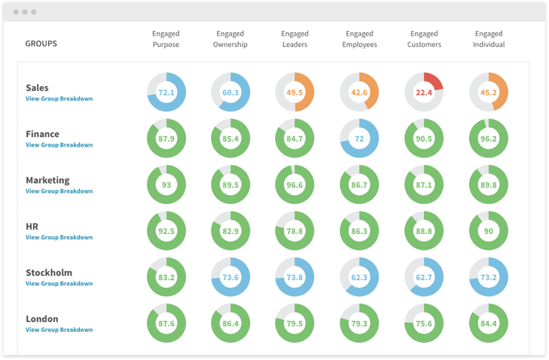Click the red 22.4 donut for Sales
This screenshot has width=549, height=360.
click(424, 92)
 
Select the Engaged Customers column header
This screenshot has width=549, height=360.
click(424, 39)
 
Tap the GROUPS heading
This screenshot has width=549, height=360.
click(41, 43)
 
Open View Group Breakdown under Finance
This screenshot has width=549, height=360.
click(59, 145)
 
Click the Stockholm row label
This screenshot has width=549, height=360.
click(49, 273)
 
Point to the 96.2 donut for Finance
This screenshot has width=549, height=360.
click(488, 138)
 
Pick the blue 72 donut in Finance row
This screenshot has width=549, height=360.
click(359, 138)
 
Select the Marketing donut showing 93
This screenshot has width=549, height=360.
click(166, 184)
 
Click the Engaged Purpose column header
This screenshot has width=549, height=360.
click(166, 39)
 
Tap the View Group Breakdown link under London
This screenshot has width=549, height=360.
click(59, 330)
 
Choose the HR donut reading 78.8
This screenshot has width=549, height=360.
click(294, 231)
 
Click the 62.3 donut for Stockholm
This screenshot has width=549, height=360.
click(359, 277)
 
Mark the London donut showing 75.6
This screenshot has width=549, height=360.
click(424, 323)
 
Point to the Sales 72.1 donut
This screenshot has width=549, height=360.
click(166, 92)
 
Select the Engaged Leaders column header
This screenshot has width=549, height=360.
click(294, 39)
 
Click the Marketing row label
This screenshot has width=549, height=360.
click(47, 180)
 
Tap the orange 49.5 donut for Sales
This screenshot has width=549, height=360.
click(294, 92)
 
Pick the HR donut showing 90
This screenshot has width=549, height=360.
click(488, 231)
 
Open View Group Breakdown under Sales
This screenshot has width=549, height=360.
click(59, 99)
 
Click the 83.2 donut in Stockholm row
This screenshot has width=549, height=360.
click(166, 277)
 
